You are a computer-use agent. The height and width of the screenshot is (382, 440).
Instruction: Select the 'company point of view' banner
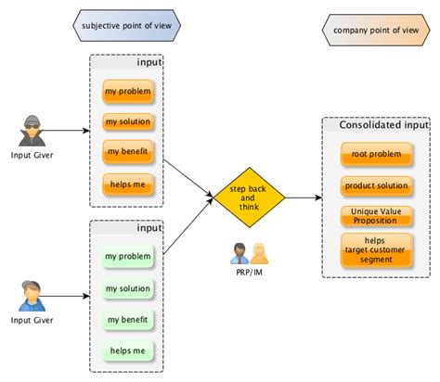tap(376, 29)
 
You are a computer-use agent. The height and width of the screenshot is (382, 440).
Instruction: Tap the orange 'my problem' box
tap(127, 93)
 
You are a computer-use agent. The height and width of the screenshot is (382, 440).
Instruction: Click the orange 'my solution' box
tap(127, 122)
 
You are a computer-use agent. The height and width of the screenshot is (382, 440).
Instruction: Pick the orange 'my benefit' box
tap(127, 152)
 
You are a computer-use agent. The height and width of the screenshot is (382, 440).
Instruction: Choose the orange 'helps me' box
tap(127, 183)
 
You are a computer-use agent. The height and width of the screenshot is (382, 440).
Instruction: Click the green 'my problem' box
tap(127, 257)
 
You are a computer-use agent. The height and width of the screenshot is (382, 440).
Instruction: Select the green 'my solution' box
tap(127, 288)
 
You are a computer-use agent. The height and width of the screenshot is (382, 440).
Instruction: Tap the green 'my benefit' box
tap(127, 319)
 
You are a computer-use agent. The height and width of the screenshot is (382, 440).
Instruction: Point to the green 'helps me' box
tap(127, 350)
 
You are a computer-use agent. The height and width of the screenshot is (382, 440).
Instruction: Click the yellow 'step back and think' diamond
tap(248, 197)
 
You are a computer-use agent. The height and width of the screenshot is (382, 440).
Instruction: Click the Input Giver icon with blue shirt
tap(32, 296)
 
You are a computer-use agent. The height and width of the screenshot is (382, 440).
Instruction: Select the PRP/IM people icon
tap(248, 253)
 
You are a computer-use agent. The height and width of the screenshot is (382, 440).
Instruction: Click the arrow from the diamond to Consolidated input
tap(302, 197)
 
